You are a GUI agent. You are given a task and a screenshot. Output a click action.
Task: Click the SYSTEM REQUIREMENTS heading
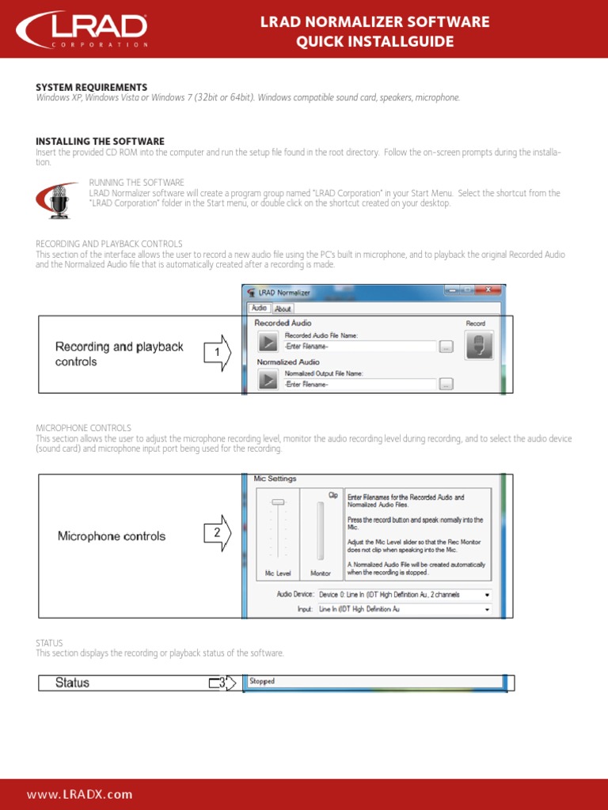click(x=91, y=87)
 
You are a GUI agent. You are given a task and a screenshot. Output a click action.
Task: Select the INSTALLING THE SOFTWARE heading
click(x=100, y=142)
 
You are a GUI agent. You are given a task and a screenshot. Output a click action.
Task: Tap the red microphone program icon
click(x=59, y=201)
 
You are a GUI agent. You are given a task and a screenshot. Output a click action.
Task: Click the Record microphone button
click(x=478, y=344)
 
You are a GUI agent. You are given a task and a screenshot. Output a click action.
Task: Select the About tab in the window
click(x=283, y=308)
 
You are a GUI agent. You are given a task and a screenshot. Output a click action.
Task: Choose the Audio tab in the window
click(x=259, y=308)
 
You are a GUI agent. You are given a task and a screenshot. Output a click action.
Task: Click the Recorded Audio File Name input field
click(x=360, y=346)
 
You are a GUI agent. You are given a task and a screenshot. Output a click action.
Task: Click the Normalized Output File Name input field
click(x=360, y=384)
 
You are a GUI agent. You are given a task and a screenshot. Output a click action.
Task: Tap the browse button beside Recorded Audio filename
click(x=446, y=346)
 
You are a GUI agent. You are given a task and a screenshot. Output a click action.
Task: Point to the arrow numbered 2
click(x=218, y=534)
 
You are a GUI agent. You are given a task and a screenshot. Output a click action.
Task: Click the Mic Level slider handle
click(x=278, y=502)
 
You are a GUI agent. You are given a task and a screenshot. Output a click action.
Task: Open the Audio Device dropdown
click(x=486, y=594)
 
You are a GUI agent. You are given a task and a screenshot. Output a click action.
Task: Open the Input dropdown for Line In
click(x=486, y=609)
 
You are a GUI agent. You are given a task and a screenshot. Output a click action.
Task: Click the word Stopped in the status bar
click(x=262, y=681)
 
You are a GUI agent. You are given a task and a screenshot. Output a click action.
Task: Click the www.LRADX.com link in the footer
click(x=80, y=794)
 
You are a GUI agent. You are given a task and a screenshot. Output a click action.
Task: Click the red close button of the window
click(x=489, y=290)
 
